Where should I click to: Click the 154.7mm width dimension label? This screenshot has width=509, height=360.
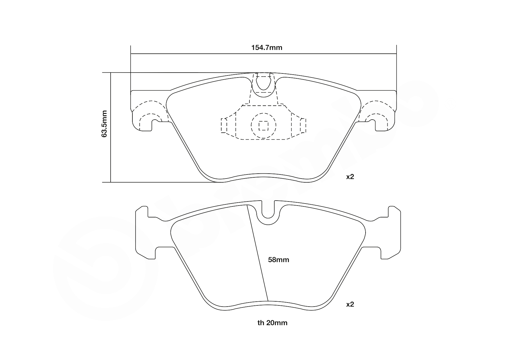coord(267,48)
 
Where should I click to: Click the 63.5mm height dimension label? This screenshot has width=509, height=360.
coord(105,123)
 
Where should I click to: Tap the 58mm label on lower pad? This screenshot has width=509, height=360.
coord(278,260)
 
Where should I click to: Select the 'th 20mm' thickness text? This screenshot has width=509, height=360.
coord(272,323)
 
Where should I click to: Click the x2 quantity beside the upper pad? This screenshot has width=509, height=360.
coord(350,177)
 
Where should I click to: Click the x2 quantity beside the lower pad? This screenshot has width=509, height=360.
coord(350,304)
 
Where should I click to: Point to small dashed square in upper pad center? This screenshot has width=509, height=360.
coord(263,126)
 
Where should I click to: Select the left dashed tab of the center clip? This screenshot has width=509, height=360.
coord(224,125)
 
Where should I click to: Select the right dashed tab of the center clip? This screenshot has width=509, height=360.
coord(303,125)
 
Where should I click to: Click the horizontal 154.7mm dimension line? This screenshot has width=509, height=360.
coord(203,54)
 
